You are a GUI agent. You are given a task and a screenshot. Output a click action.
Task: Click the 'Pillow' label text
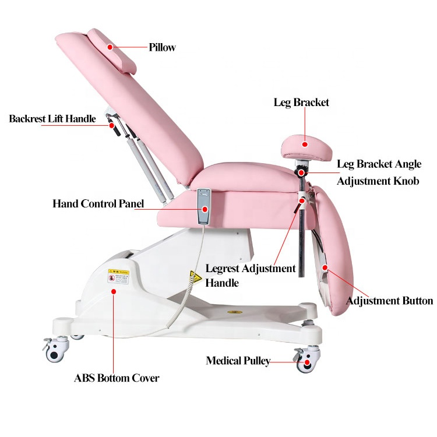tap(162, 47)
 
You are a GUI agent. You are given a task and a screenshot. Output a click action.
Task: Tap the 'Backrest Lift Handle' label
tap(52, 119)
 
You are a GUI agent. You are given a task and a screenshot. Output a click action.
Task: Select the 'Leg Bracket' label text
tap(301, 103)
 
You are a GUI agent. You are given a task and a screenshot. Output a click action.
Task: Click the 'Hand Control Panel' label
tap(98, 204)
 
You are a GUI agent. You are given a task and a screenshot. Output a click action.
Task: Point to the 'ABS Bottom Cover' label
tap(117, 378)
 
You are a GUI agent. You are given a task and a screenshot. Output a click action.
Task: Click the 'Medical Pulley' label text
tap(238, 361)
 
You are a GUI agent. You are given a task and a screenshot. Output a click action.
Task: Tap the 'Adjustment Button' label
tap(389, 301)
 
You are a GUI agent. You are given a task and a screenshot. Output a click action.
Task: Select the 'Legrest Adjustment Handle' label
tap(251, 276)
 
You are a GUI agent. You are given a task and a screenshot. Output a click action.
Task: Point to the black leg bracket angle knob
tap(301, 172)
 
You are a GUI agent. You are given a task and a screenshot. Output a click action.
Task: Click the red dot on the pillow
tap(110, 45)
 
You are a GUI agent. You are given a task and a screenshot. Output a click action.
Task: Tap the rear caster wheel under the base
tap(57, 351)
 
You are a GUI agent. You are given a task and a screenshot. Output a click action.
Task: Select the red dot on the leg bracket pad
tap(304, 143)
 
